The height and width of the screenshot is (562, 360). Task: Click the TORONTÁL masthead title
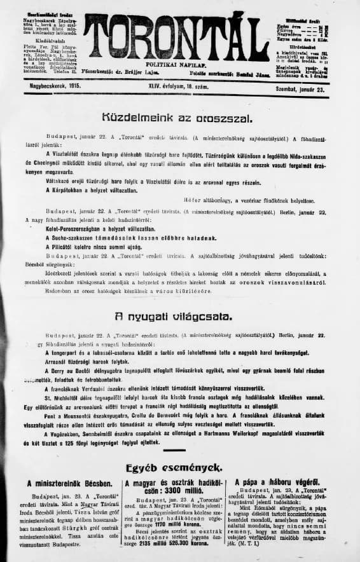(x=176, y=37)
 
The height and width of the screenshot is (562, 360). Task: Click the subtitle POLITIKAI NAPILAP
(x=176, y=65)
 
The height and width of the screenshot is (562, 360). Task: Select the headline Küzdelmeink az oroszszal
(x=177, y=118)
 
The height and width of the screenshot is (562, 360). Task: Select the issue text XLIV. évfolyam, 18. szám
(x=181, y=86)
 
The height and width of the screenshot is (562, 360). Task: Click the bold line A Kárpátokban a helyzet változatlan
(x=105, y=190)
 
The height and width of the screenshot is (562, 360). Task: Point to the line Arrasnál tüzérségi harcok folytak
(x=87, y=360)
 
